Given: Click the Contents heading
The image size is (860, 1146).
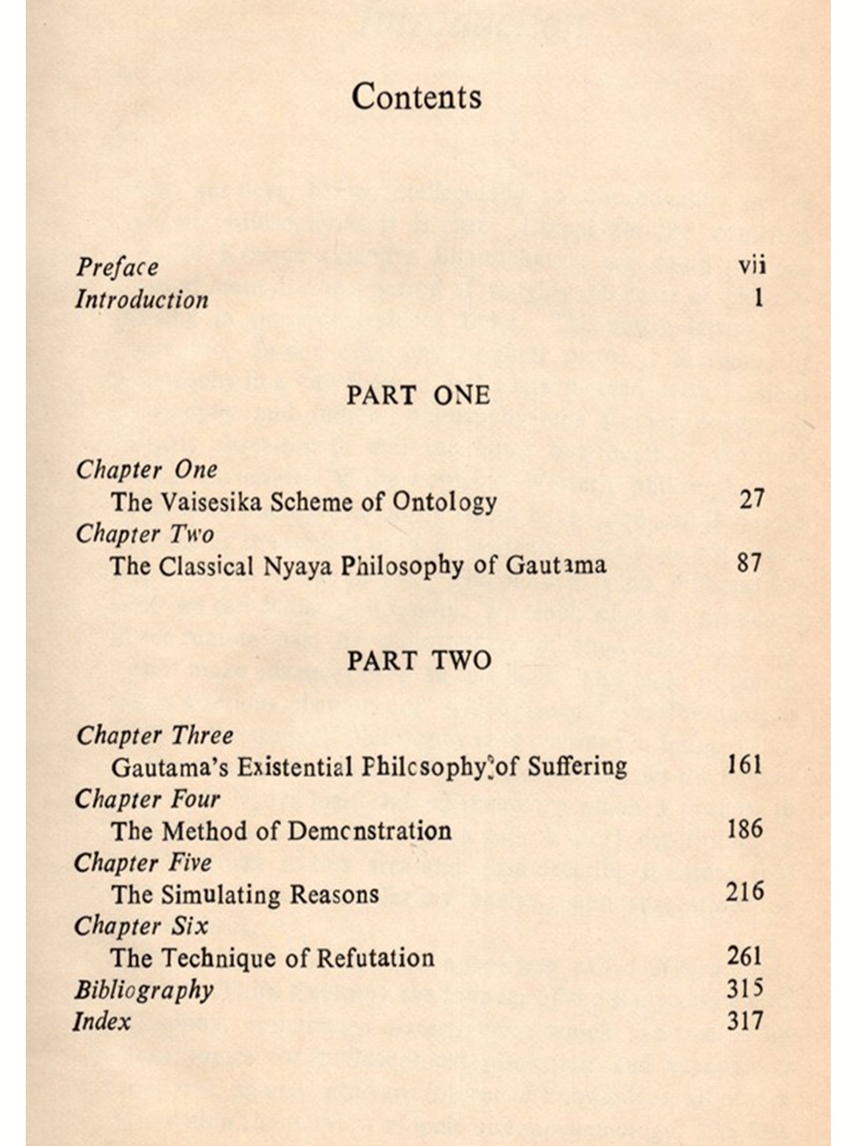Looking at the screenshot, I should [x=416, y=96].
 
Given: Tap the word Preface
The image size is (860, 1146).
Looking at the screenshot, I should [x=118, y=267].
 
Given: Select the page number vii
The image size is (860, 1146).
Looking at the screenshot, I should [x=752, y=266].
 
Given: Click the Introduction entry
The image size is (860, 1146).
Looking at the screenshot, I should [x=142, y=300].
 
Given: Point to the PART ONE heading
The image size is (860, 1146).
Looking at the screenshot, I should [x=419, y=396].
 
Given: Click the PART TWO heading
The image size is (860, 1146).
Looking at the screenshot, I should [x=420, y=661].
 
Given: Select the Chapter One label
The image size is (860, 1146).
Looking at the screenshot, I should [x=147, y=470].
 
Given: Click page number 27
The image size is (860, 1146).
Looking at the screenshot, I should [x=751, y=500].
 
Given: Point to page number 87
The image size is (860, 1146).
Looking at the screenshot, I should [x=750, y=563].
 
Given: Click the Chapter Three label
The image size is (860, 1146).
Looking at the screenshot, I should [x=155, y=736].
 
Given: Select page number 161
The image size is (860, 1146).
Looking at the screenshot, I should [x=744, y=765].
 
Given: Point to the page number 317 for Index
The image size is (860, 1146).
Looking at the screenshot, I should [x=744, y=1021].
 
